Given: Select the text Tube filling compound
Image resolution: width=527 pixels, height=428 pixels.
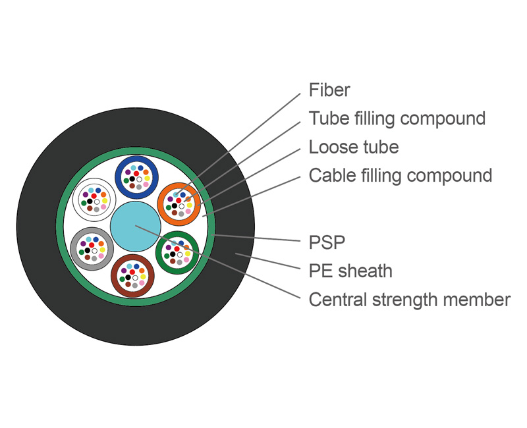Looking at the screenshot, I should (x=397, y=119).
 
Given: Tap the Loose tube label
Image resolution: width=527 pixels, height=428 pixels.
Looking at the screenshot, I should (x=354, y=146).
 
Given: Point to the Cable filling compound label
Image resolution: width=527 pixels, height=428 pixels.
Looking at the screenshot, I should (x=401, y=176).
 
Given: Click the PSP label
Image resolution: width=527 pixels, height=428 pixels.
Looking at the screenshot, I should (x=327, y=242).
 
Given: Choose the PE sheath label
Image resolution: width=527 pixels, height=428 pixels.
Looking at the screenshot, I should (x=350, y=271).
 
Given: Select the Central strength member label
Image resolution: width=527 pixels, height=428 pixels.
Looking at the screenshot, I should (x=409, y=300).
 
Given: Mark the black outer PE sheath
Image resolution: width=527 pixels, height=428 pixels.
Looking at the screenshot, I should (x=40, y=227).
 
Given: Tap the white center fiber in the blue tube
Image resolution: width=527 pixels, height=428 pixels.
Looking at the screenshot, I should (x=139, y=179).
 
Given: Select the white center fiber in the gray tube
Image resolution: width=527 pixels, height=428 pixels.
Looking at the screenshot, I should (x=95, y=251).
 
